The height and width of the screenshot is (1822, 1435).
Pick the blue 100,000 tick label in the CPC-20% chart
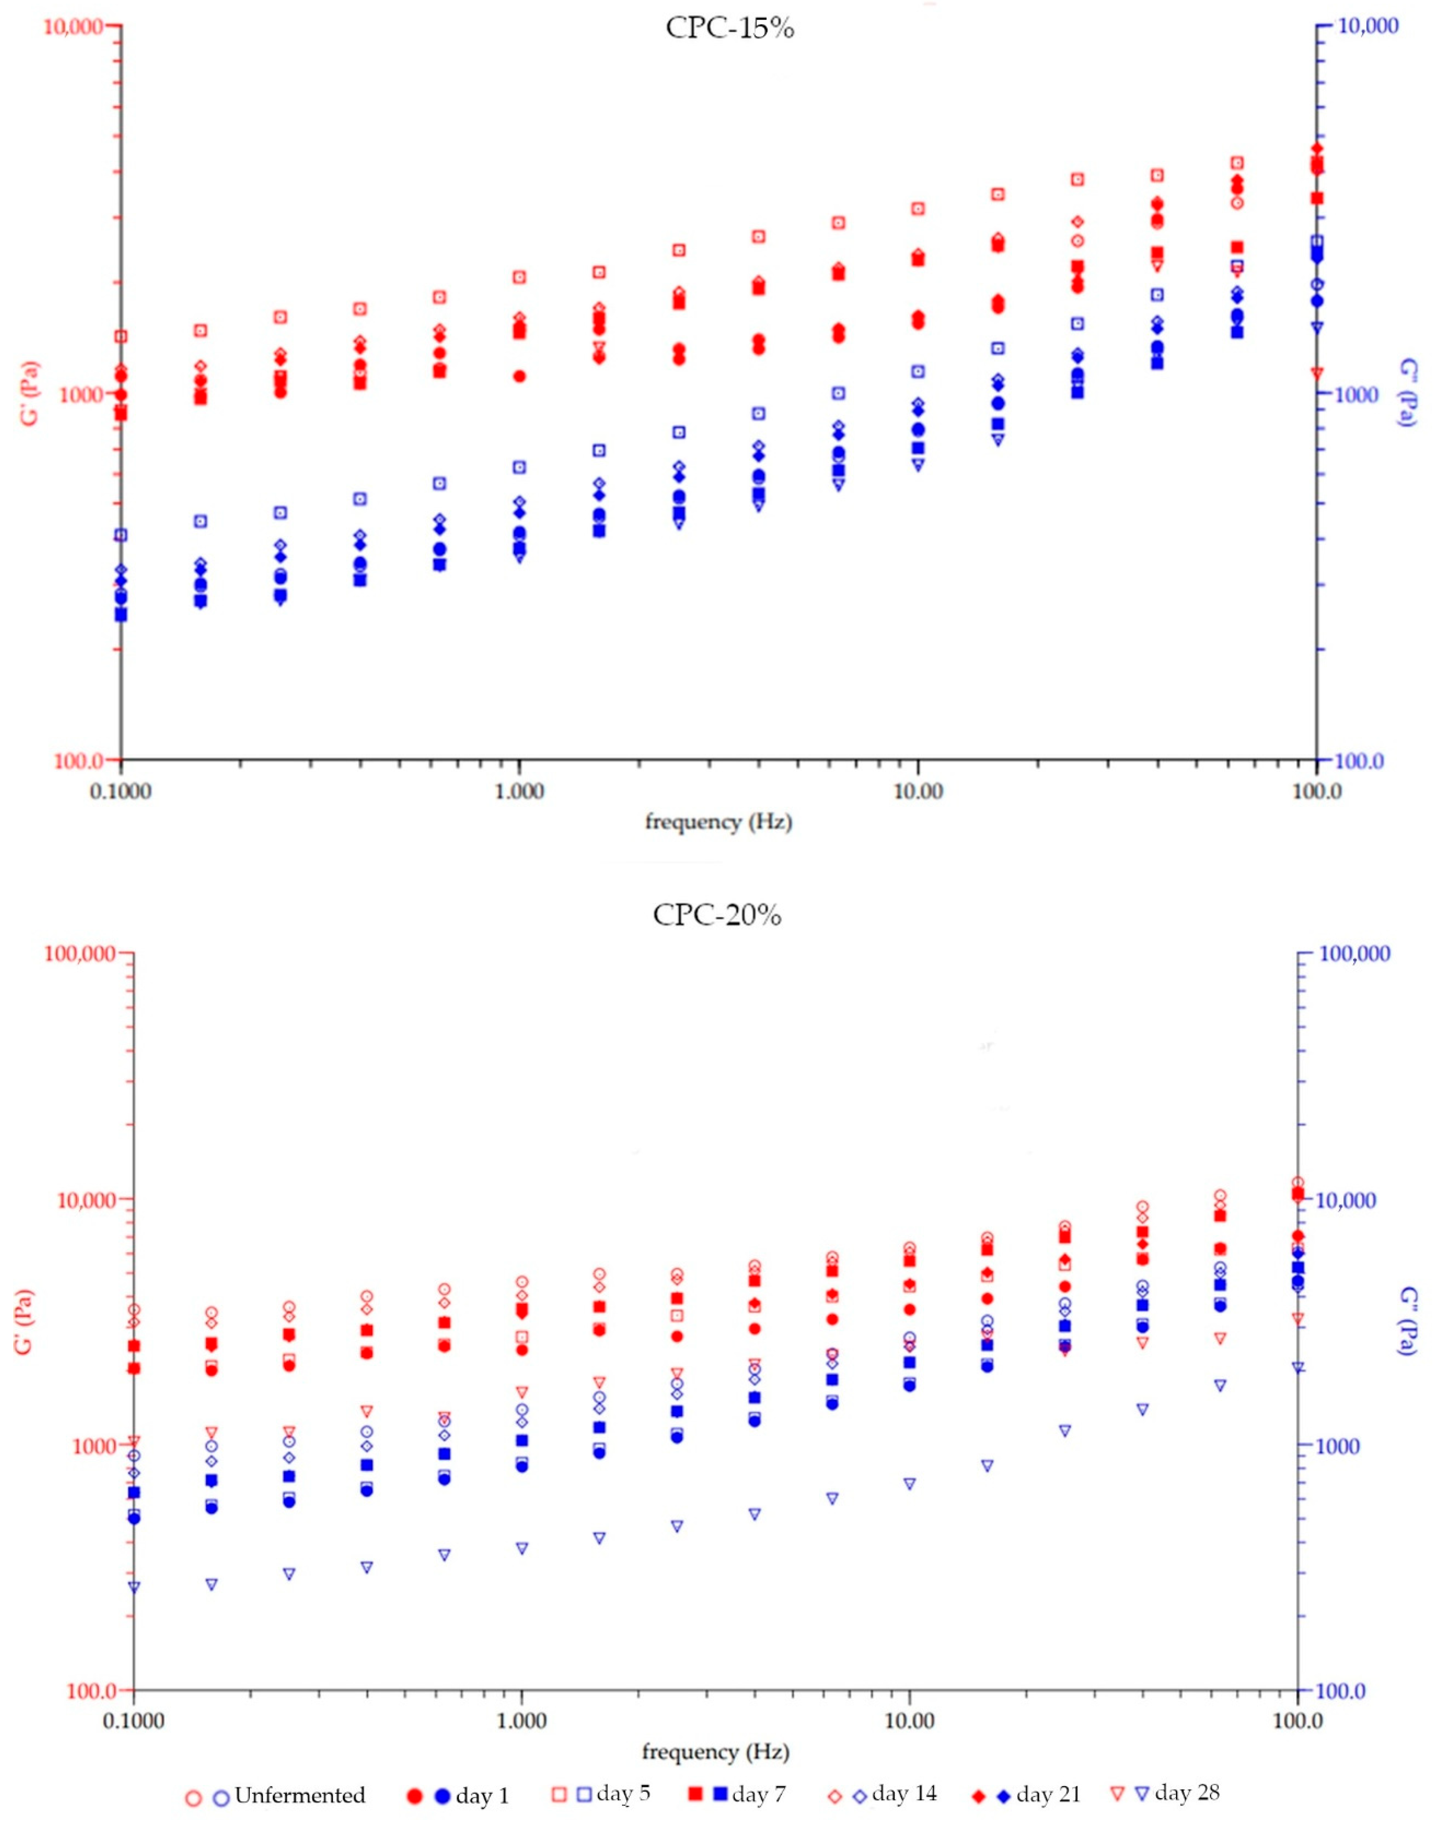1355,953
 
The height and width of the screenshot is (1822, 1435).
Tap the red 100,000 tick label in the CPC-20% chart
79,953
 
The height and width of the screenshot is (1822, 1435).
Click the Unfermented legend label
300,1795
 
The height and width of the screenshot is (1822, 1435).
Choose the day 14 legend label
904,1793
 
